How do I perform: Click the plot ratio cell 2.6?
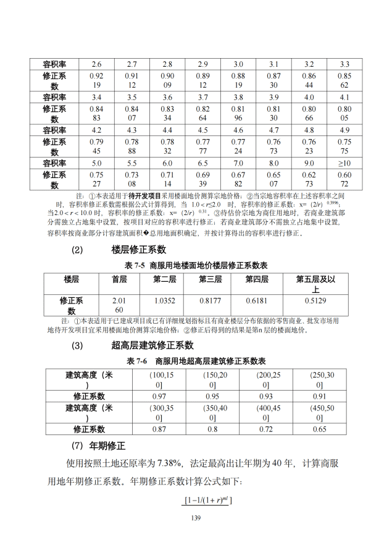coord(97,64)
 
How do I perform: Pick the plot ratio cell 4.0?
coord(309,97)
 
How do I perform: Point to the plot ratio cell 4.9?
coord(344,130)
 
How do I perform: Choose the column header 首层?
coord(119,279)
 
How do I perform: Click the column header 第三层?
coord(210,279)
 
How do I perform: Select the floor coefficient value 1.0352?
coord(165,300)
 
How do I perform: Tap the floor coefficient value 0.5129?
coord(315,300)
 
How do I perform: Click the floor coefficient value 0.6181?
coord(257,300)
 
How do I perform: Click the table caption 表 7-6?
coord(136,360)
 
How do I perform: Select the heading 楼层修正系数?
coord(139,250)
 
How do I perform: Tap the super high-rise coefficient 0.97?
coord(159,396)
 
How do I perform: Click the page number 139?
coord(196,517)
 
